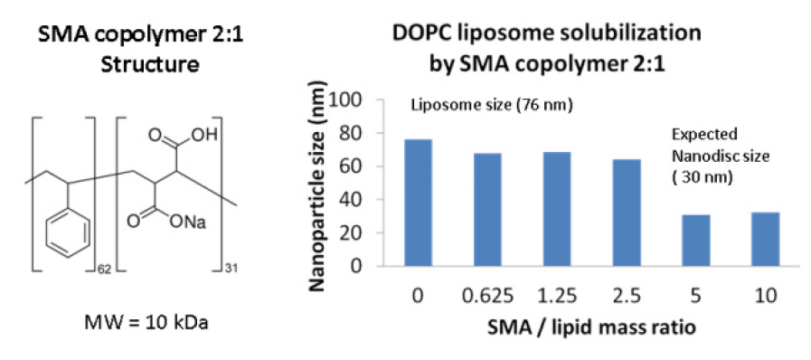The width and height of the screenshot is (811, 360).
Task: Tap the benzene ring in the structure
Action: tap(69, 231)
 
